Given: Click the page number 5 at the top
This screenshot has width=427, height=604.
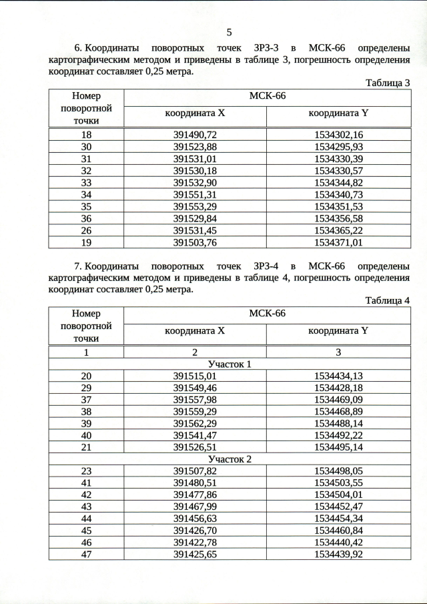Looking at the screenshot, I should pos(229,32).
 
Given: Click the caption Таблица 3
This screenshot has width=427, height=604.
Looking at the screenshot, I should pos(388,83).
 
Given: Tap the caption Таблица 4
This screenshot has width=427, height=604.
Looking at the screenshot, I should pos(388,300).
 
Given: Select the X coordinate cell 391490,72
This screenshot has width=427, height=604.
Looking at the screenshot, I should pos(195,135).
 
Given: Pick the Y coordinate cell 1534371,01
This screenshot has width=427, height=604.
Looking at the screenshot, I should pos(338,242).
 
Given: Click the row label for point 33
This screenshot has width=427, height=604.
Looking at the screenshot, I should pos(86,182).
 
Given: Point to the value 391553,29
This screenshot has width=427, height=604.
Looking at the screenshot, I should pos(195,206).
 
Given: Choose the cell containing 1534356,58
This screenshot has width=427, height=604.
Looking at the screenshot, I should pos(338,218).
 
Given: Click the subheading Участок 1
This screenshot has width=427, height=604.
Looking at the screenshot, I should pos(230,364).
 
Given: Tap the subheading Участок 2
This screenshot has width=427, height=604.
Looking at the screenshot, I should pos(230,459).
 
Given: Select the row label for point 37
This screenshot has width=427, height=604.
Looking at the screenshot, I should pos(86,400).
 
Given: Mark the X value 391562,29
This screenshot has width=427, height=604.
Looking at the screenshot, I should pos(195,424).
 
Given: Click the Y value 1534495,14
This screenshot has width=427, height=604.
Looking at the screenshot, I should pos(338,447).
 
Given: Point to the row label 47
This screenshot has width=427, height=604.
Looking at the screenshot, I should pos(86,554).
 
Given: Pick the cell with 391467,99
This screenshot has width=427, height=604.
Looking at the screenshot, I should pos(195,507).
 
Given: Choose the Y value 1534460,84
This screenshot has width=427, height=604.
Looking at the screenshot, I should pos(338,530).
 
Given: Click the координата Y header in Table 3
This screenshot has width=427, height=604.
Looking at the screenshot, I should pos(338,113).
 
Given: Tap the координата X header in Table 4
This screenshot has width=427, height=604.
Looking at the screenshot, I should pos(195,331).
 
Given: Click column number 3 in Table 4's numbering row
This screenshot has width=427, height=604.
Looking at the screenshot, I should pos(338,352).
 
